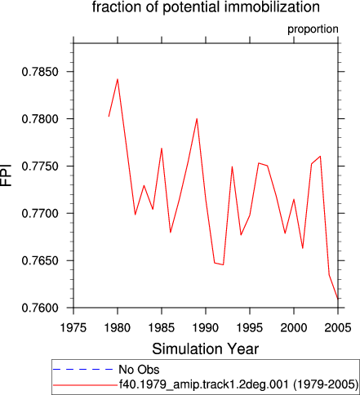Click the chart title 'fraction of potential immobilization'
(206, 7)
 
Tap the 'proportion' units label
(313, 29)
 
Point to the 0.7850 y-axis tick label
(40, 72)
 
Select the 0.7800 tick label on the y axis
(40, 119)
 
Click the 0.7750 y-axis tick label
(40, 166)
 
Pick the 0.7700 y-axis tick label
(40, 214)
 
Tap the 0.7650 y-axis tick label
(40, 261)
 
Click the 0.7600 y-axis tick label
(40, 308)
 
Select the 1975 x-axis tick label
(73, 327)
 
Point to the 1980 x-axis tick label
(118, 327)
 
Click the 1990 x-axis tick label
(206, 327)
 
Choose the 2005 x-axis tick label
(338, 327)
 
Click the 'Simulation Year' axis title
(206, 348)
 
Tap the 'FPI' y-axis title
(6, 175)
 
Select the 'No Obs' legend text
(139, 370)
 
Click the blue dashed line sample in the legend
(83, 369)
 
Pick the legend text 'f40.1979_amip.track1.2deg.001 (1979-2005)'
(239, 384)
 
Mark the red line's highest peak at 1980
(118, 79)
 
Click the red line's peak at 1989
(197, 118)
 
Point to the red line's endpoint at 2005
(338, 299)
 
